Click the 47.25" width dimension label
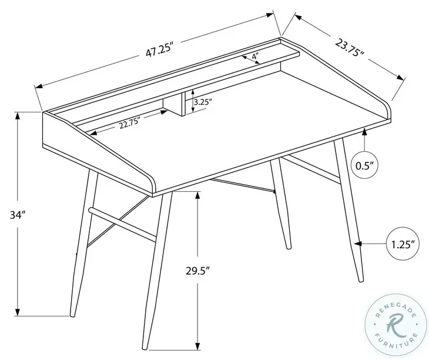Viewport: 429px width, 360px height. tap(158, 51)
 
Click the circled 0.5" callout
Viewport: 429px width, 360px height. tap(365, 165)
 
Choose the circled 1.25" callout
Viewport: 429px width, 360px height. tap(403, 242)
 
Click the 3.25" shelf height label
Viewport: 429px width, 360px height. tap(202, 102)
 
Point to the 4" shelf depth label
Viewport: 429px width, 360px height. tap(254, 56)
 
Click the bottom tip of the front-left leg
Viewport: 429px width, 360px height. tap(71, 317)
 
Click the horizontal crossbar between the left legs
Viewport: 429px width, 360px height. tap(122, 221)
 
